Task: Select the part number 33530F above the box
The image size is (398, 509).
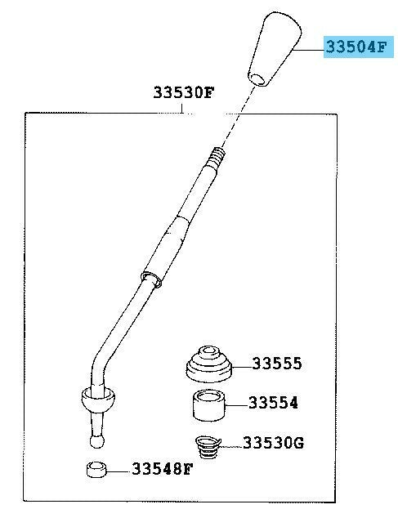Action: [x=184, y=92]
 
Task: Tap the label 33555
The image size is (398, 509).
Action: [x=277, y=364]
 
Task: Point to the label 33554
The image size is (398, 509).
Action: [x=273, y=403]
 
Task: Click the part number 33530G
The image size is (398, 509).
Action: [x=273, y=443]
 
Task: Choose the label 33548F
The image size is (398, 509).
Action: [x=163, y=469]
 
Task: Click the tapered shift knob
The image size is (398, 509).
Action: [x=275, y=49]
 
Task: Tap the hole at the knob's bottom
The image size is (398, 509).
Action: [x=257, y=79]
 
